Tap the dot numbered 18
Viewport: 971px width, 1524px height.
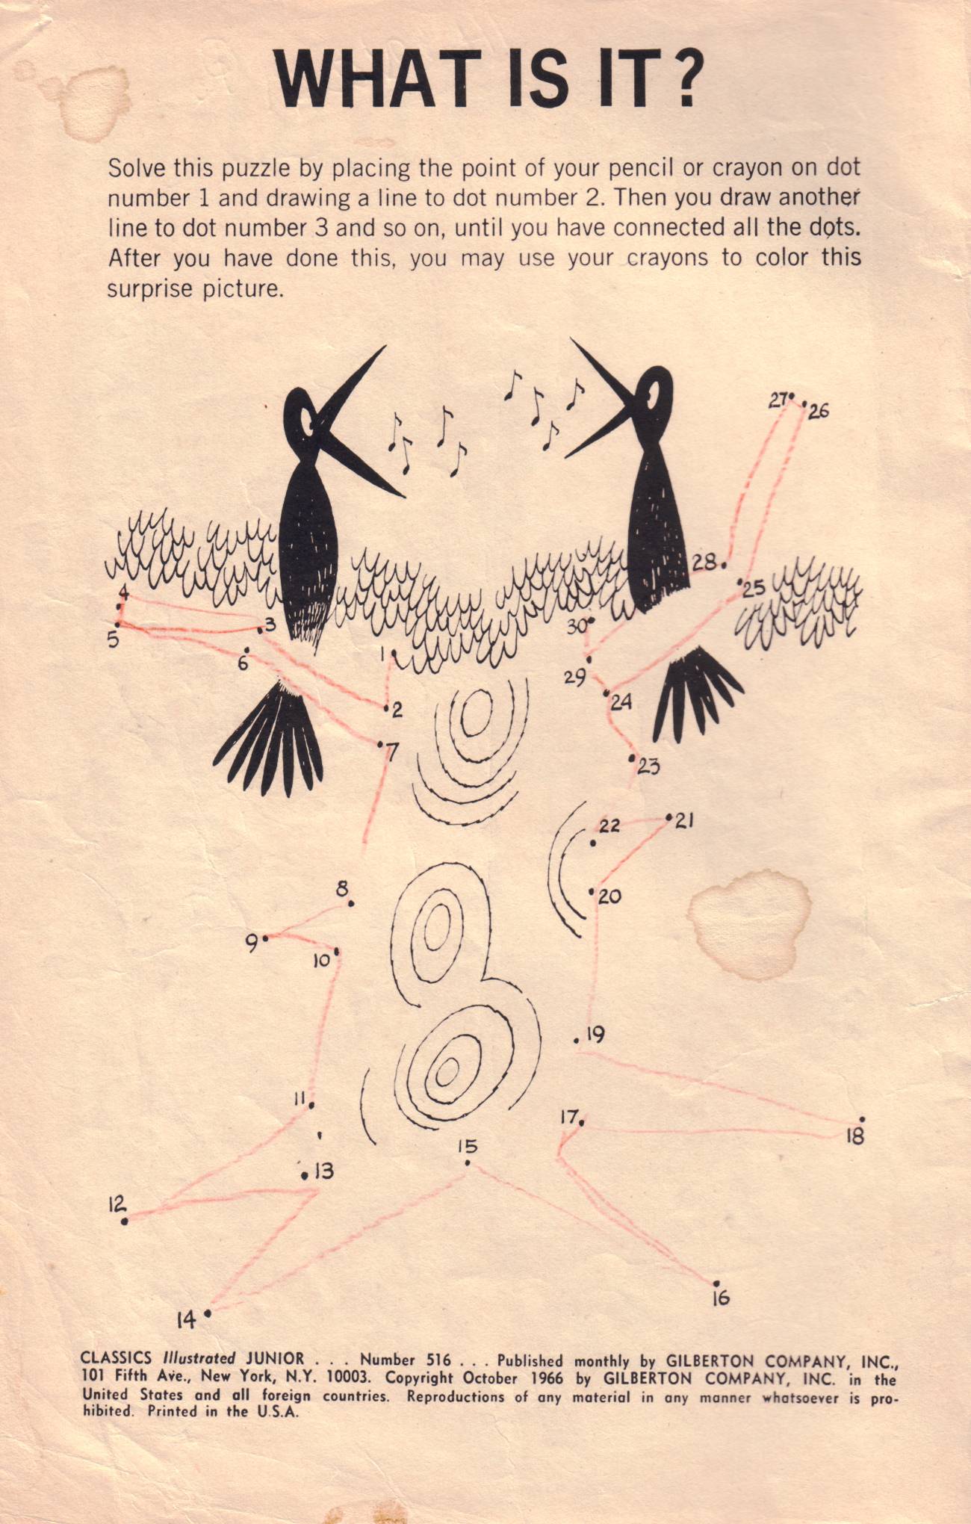coord(863,1119)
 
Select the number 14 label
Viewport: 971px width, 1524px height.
coord(187,1320)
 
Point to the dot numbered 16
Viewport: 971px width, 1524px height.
coord(716,1283)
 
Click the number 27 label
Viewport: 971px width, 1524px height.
coord(778,401)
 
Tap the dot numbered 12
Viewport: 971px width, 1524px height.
coord(125,1221)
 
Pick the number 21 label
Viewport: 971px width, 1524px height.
coord(685,821)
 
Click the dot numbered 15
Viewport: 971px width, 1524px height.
coord(467,1163)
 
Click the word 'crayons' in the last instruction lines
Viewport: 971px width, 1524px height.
coord(667,258)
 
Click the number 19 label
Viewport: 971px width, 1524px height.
coord(595,1035)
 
